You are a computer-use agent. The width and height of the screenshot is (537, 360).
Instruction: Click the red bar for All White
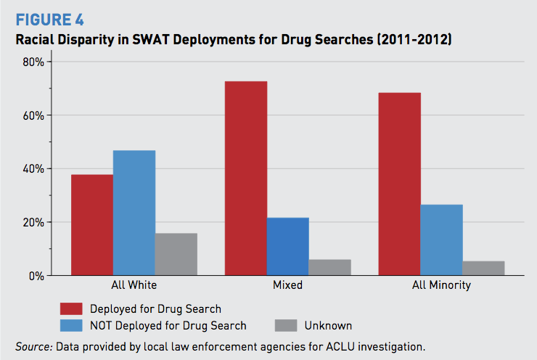(92, 225)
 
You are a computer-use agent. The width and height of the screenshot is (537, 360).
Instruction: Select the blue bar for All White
(134, 213)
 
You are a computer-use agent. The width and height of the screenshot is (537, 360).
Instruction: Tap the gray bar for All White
(176, 254)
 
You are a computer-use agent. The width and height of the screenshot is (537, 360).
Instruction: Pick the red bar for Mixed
(246, 179)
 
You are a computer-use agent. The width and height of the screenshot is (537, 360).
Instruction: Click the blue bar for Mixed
(288, 247)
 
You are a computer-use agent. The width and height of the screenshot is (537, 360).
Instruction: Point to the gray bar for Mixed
(329, 267)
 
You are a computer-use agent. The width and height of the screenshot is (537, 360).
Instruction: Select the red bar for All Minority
(400, 184)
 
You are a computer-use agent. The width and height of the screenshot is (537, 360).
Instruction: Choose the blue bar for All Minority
(441, 240)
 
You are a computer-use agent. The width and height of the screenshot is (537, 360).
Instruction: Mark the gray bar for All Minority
(483, 268)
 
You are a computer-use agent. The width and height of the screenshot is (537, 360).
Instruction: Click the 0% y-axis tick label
(37, 276)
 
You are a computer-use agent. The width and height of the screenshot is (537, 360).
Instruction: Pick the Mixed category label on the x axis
(287, 285)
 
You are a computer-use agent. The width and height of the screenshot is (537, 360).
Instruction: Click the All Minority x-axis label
(441, 285)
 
